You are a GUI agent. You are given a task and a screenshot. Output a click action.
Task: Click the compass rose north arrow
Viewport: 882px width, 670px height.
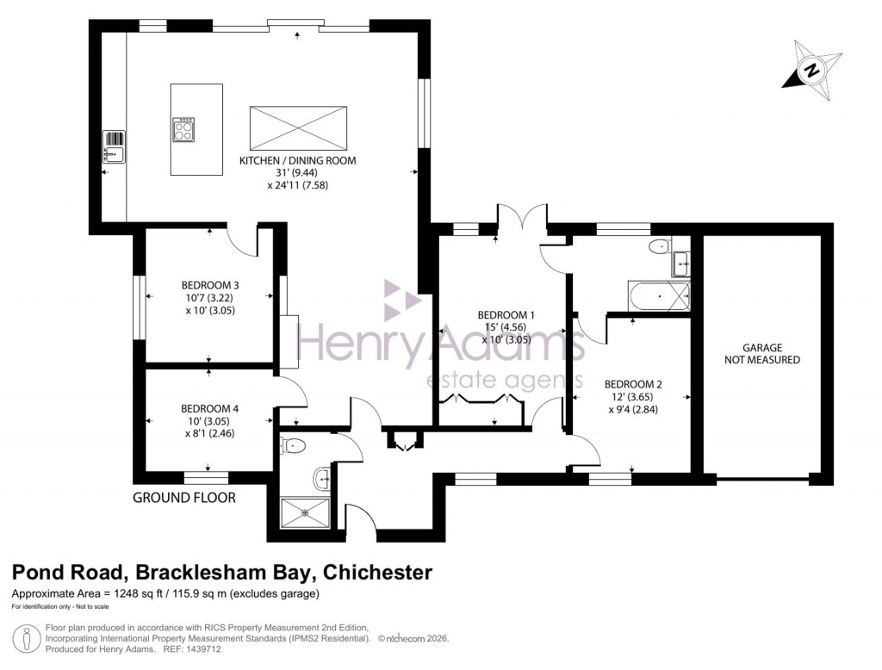[x=812, y=70]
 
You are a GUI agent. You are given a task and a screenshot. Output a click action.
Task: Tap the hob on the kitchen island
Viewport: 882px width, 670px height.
[x=184, y=129]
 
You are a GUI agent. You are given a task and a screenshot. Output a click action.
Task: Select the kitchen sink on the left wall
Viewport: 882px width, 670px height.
[x=114, y=146]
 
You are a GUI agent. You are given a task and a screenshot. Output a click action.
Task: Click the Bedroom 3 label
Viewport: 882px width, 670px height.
[x=209, y=285]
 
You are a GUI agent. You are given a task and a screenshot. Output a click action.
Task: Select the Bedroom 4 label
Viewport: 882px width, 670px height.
[x=209, y=408]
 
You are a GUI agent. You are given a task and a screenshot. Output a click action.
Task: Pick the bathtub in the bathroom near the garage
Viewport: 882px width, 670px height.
[x=660, y=297]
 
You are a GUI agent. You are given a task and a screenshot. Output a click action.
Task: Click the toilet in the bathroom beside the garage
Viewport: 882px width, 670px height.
[x=658, y=246]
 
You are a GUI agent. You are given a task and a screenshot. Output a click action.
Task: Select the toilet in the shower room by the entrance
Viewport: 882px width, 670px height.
[x=293, y=446]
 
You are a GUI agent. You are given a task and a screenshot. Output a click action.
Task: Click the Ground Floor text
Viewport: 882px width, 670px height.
[x=183, y=497]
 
